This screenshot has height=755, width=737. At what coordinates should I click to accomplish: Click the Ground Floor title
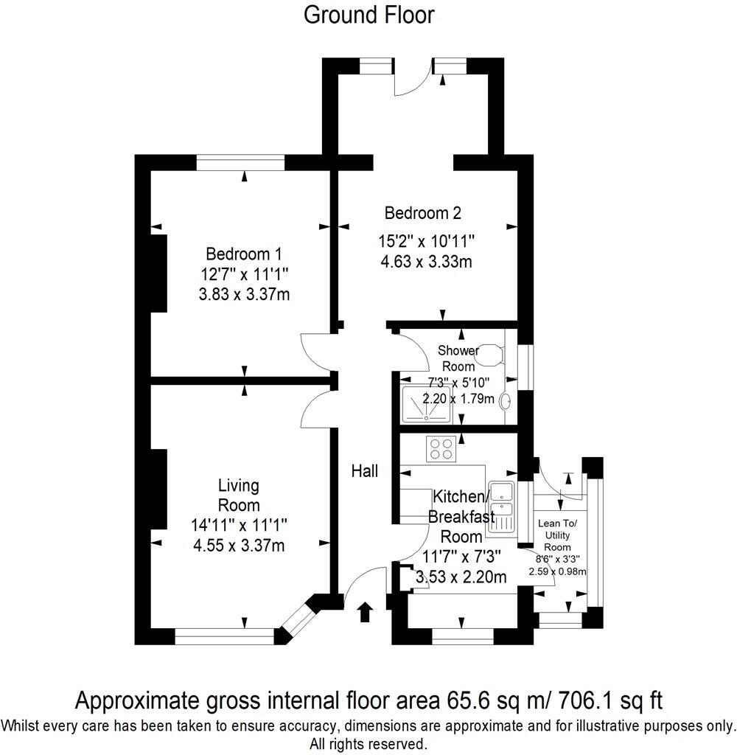[x=369, y=15]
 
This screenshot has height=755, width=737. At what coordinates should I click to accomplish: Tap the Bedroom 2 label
[x=423, y=214]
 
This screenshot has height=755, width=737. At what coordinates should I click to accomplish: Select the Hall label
[x=364, y=470]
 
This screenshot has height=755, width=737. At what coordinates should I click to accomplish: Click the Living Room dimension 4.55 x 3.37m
[x=238, y=546]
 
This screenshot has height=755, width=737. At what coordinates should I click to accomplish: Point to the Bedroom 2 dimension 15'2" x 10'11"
[x=427, y=242]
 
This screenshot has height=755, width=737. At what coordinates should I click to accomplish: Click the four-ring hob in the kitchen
[x=441, y=448]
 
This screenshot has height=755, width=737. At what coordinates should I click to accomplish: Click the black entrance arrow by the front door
[x=365, y=612]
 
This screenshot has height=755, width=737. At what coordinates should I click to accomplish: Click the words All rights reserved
[x=368, y=743]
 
